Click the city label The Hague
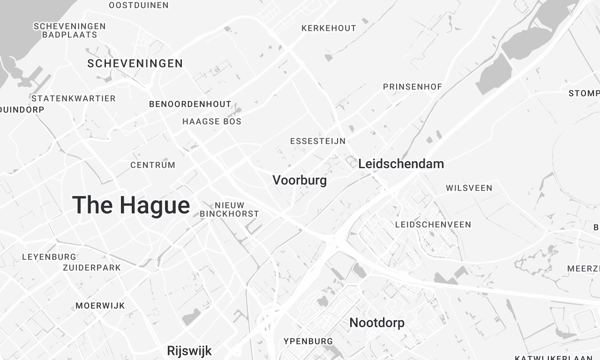131,206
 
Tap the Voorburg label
300,181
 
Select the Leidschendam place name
401,163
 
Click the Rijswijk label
190,350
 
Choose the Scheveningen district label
135,64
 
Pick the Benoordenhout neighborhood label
190,104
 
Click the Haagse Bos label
212,122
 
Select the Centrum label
153,165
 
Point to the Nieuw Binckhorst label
230,209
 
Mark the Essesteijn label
317,141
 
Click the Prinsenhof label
412,87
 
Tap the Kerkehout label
328,28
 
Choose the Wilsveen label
469,188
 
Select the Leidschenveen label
433,225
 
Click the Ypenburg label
307,340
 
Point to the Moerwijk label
98,305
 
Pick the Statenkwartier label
73,98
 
